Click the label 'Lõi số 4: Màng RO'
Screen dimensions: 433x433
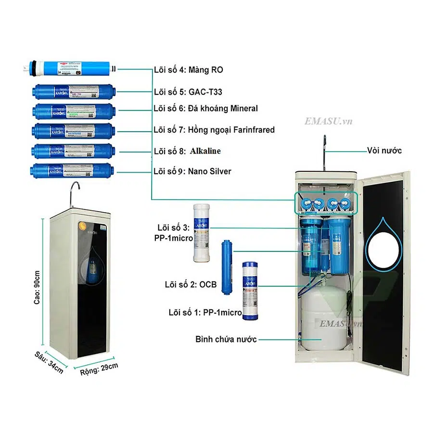pyautogui.click(x=188, y=70)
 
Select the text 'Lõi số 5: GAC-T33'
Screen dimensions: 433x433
pyautogui.click(x=188, y=91)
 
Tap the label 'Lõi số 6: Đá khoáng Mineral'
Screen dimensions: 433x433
pyautogui.click(x=205, y=109)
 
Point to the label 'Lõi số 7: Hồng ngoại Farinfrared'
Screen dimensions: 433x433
pyautogui.click(x=214, y=130)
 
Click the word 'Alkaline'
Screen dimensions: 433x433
pyautogui.click(x=205, y=151)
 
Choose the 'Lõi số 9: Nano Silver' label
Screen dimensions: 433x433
pyautogui.click(x=192, y=171)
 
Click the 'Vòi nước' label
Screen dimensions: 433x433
pyautogui.click(x=383, y=151)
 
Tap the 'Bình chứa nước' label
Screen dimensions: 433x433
pyautogui.click(x=226, y=339)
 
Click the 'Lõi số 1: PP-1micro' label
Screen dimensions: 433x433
pyautogui.click(x=205, y=313)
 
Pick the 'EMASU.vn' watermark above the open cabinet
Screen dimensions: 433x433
pyautogui.click(x=328, y=121)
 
